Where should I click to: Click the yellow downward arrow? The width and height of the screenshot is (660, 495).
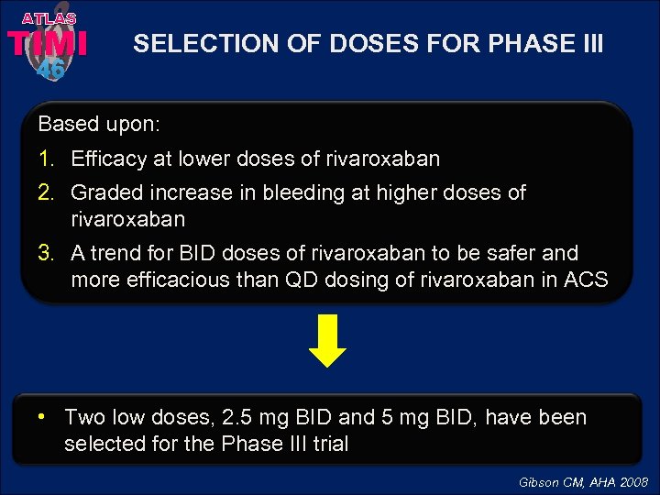point(330,341)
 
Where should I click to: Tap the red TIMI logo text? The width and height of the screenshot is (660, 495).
point(48,43)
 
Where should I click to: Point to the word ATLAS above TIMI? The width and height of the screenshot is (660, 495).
point(49,17)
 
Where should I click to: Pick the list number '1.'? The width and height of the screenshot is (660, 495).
point(47,159)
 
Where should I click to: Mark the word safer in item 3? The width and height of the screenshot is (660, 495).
point(521,253)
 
